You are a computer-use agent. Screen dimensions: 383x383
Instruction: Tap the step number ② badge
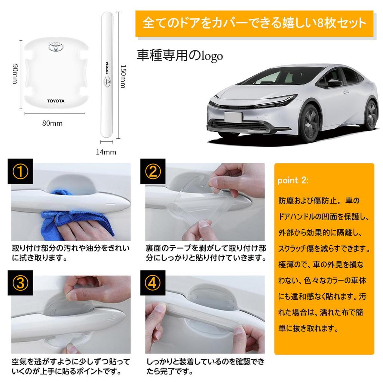153,172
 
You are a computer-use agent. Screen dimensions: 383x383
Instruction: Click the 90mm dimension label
15,74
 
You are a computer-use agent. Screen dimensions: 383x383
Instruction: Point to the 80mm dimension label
52,122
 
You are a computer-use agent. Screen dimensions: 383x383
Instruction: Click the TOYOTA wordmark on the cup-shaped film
55,101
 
